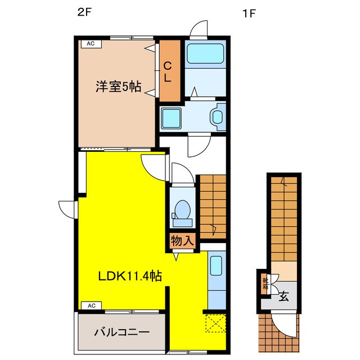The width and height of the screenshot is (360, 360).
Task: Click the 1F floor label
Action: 249,15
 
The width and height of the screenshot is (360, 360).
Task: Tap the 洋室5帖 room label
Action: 117,87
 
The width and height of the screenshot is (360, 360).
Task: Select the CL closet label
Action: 168,72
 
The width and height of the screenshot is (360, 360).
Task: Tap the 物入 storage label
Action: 182,241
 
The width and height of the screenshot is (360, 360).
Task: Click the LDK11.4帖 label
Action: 130,276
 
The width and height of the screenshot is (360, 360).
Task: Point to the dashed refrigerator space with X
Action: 215,323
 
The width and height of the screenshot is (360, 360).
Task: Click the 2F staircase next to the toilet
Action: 213,205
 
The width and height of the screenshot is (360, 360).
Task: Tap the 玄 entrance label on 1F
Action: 284,296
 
